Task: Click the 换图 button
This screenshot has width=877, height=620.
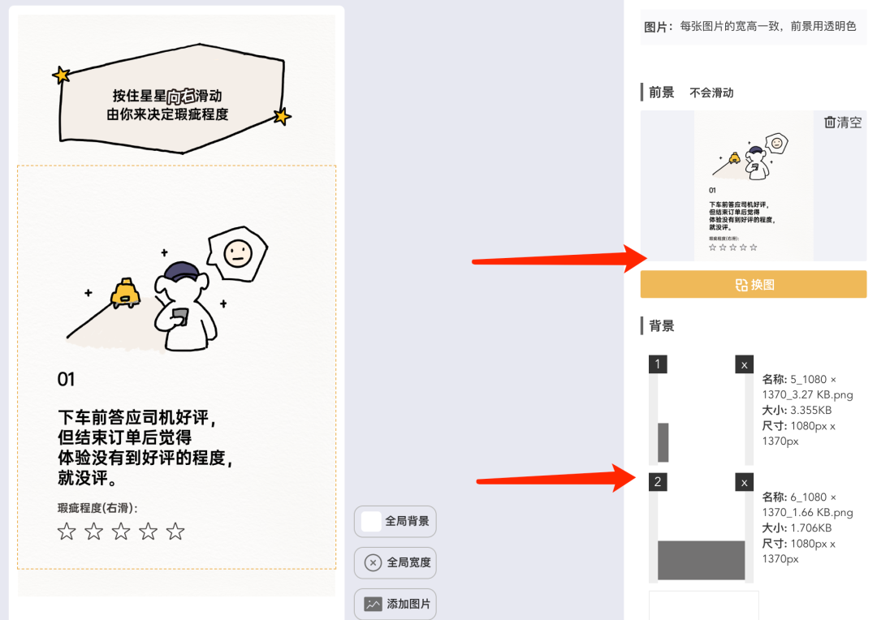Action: pos(753,285)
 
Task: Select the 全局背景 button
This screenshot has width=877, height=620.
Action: pos(395,521)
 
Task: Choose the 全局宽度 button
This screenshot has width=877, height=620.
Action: pos(395,562)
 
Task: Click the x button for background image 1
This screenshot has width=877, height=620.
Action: pos(744,364)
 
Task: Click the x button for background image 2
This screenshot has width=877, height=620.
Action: pos(744,482)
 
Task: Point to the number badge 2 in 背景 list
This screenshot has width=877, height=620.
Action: pos(658,482)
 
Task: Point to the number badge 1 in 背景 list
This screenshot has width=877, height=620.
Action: pos(658,364)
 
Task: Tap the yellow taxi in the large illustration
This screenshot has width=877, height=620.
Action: pos(125,293)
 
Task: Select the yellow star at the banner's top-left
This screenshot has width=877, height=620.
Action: pos(61,75)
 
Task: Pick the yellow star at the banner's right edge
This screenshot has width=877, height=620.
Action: pos(282,117)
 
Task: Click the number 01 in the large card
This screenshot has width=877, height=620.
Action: pos(66,379)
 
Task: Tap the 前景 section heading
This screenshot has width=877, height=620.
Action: pos(662,93)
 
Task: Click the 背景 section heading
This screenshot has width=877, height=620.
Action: pos(662,326)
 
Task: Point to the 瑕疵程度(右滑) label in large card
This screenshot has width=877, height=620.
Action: pos(97,508)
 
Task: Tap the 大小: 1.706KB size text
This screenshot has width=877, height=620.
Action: pos(797,528)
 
